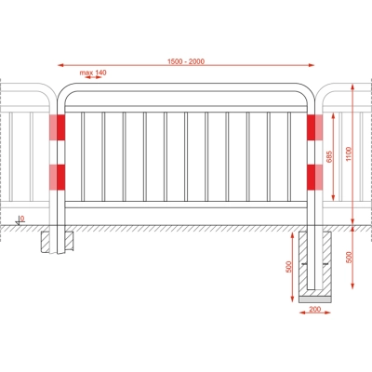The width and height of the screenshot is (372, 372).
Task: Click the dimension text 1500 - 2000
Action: pos(186,61)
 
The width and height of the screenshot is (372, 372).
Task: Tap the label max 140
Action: pos(93,73)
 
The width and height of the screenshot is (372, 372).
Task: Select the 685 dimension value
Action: pos(329,156)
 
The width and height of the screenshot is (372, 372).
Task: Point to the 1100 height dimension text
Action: pos(349,154)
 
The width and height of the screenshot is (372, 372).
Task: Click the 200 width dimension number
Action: pos(315,309)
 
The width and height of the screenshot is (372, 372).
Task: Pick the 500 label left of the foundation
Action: pos(289,267)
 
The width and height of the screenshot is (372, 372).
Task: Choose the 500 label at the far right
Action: pos(349,258)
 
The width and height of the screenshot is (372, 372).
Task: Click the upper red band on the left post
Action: pos(58,127)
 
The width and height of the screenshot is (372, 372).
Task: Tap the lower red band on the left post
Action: pos(58,177)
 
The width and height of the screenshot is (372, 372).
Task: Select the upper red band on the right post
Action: pos(314,127)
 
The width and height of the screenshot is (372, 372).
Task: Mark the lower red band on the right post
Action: pos(314,177)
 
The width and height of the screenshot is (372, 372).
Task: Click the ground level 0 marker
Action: pos(21,220)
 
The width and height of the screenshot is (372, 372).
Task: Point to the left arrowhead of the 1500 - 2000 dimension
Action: pos(61,65)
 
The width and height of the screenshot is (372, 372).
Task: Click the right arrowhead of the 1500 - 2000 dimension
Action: pos(311,65)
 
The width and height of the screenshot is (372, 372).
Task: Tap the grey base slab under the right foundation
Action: pos(314,299)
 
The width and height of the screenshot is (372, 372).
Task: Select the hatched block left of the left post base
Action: pos(46,242)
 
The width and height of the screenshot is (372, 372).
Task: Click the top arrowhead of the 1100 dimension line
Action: pos(352,87)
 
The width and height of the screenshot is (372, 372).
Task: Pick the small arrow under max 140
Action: pos(93,77)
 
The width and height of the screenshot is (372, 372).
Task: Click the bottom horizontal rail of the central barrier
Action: pos(186,205)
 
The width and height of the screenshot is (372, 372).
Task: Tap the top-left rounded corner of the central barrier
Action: pos(63,90)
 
